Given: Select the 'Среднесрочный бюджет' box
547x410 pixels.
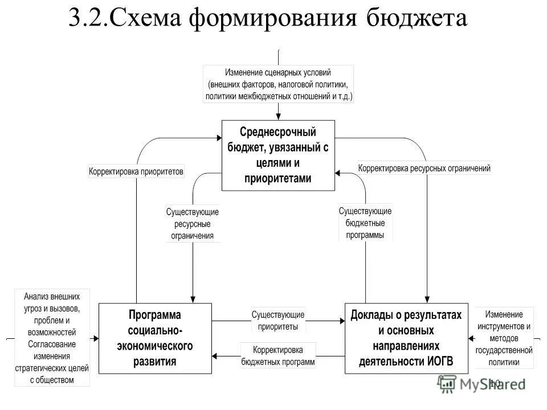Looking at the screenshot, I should (277, 155).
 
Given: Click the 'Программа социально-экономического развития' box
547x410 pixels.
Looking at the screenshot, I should (154, 338).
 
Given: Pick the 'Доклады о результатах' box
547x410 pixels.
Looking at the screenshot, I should (406, 338).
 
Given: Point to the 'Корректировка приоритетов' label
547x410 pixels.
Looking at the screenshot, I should (136, 171).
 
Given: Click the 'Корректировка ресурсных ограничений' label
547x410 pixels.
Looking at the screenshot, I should (424, 169).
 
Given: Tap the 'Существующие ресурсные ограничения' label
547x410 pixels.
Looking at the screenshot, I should (193, 223).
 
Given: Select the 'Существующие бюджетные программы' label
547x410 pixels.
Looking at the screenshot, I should (365, 222).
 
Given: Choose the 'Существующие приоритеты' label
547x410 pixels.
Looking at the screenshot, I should (278, 320).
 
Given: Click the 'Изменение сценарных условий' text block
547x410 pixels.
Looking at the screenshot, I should (278, 84).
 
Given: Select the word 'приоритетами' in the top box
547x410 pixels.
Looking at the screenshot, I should (277, 178).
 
